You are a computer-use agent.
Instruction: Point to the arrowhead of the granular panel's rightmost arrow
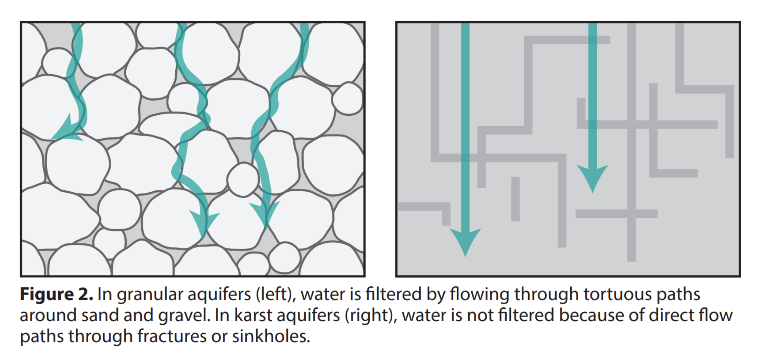click(265, 214)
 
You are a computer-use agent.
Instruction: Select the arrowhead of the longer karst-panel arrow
click(465, 241)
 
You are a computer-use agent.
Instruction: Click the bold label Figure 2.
click(56, 294)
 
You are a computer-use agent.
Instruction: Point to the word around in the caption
click(48, 316)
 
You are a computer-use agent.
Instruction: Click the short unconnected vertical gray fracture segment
click(516, 199)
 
